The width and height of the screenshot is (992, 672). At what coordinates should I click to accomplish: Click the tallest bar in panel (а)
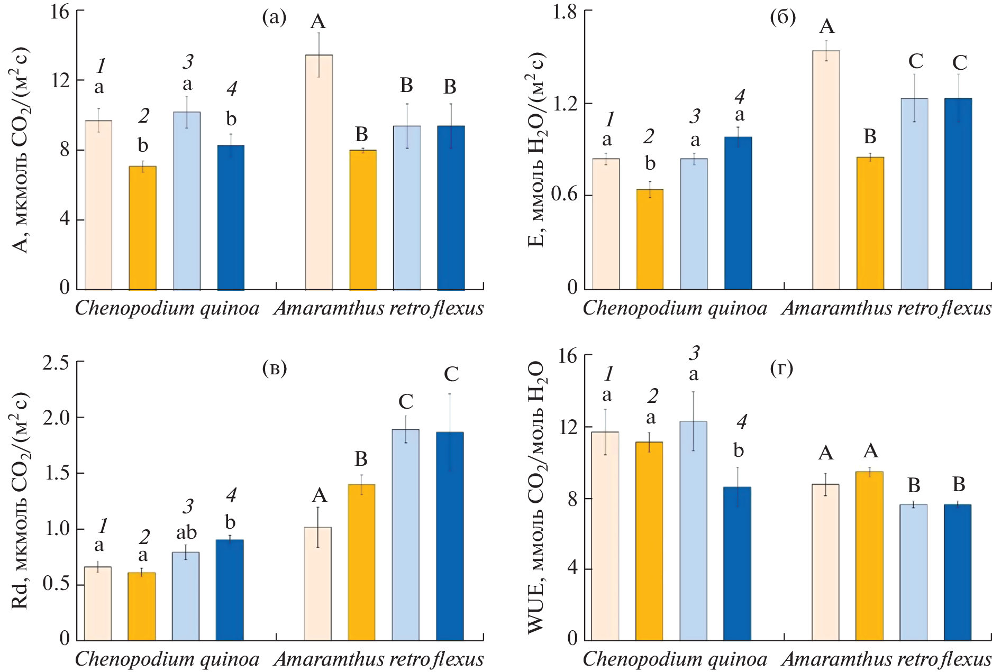318,172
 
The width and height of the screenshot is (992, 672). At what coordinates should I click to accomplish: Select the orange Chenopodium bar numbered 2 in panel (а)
143,228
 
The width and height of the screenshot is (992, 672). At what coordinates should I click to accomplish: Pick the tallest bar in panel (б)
826,170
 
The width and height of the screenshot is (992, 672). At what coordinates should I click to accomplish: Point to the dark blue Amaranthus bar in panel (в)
450,536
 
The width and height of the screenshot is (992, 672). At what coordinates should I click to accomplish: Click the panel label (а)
274,18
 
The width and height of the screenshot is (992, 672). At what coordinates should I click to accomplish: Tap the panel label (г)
781,368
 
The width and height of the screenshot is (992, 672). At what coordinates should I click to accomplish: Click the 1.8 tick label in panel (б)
565,12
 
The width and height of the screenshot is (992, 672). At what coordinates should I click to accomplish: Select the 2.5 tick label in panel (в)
56,363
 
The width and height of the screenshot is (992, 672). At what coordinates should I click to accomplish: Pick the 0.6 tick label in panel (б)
564,195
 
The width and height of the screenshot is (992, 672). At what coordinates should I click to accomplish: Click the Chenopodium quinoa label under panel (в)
167,659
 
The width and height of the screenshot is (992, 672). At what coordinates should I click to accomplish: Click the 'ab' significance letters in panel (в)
186,532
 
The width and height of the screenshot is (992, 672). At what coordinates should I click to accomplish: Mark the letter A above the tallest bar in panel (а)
318,22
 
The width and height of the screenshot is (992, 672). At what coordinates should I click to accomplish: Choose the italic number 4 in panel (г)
742,422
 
